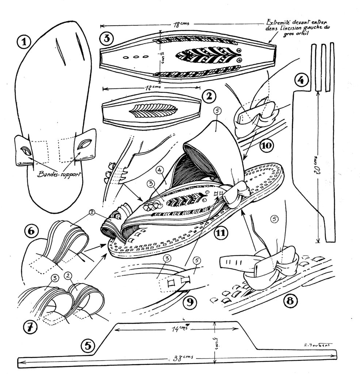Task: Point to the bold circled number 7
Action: click(29, 328)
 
